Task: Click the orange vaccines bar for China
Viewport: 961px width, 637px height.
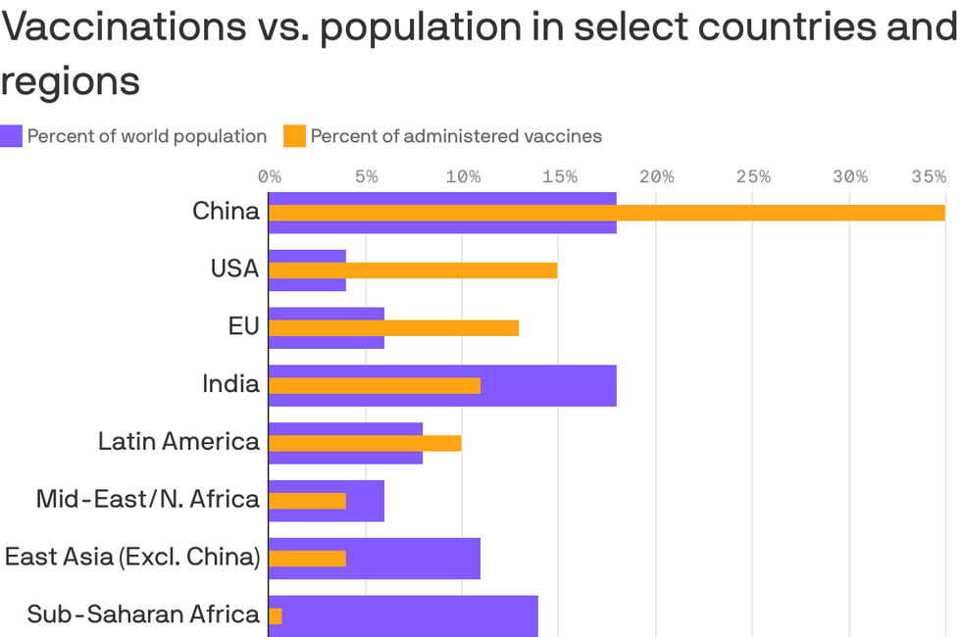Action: coord(606,213)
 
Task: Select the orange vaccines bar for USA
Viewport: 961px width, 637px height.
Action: coord(413,270)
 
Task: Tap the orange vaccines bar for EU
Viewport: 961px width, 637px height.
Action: coord(393,327)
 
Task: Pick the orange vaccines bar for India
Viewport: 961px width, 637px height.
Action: coord(375,385)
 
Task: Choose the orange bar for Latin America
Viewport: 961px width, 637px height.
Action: coord(365,443)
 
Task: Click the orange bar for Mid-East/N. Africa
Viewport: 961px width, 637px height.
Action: coord(307,501)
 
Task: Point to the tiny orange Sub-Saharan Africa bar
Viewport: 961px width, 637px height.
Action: coord(276,615)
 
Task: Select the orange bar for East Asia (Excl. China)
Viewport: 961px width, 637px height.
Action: coord(307,559)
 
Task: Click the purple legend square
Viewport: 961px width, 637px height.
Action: coord(11,136)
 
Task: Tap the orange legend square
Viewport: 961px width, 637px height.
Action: coord(294,136)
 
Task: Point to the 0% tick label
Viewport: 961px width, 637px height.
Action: coord(270,177)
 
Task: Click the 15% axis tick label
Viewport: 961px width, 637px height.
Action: coord(559,177)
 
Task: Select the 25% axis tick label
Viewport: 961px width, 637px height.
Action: coord(753,177)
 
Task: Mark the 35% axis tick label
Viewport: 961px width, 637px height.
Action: coord(929,177)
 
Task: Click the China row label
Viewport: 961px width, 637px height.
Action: coord(226,212)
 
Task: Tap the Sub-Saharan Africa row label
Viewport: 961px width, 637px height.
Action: coord(143,614)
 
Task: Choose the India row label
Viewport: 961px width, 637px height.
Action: coord(230,384)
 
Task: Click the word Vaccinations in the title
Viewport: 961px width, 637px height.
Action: coord(124,27)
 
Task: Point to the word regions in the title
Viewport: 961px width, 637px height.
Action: coord(70,82)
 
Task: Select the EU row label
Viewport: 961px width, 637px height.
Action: coord(243,326)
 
